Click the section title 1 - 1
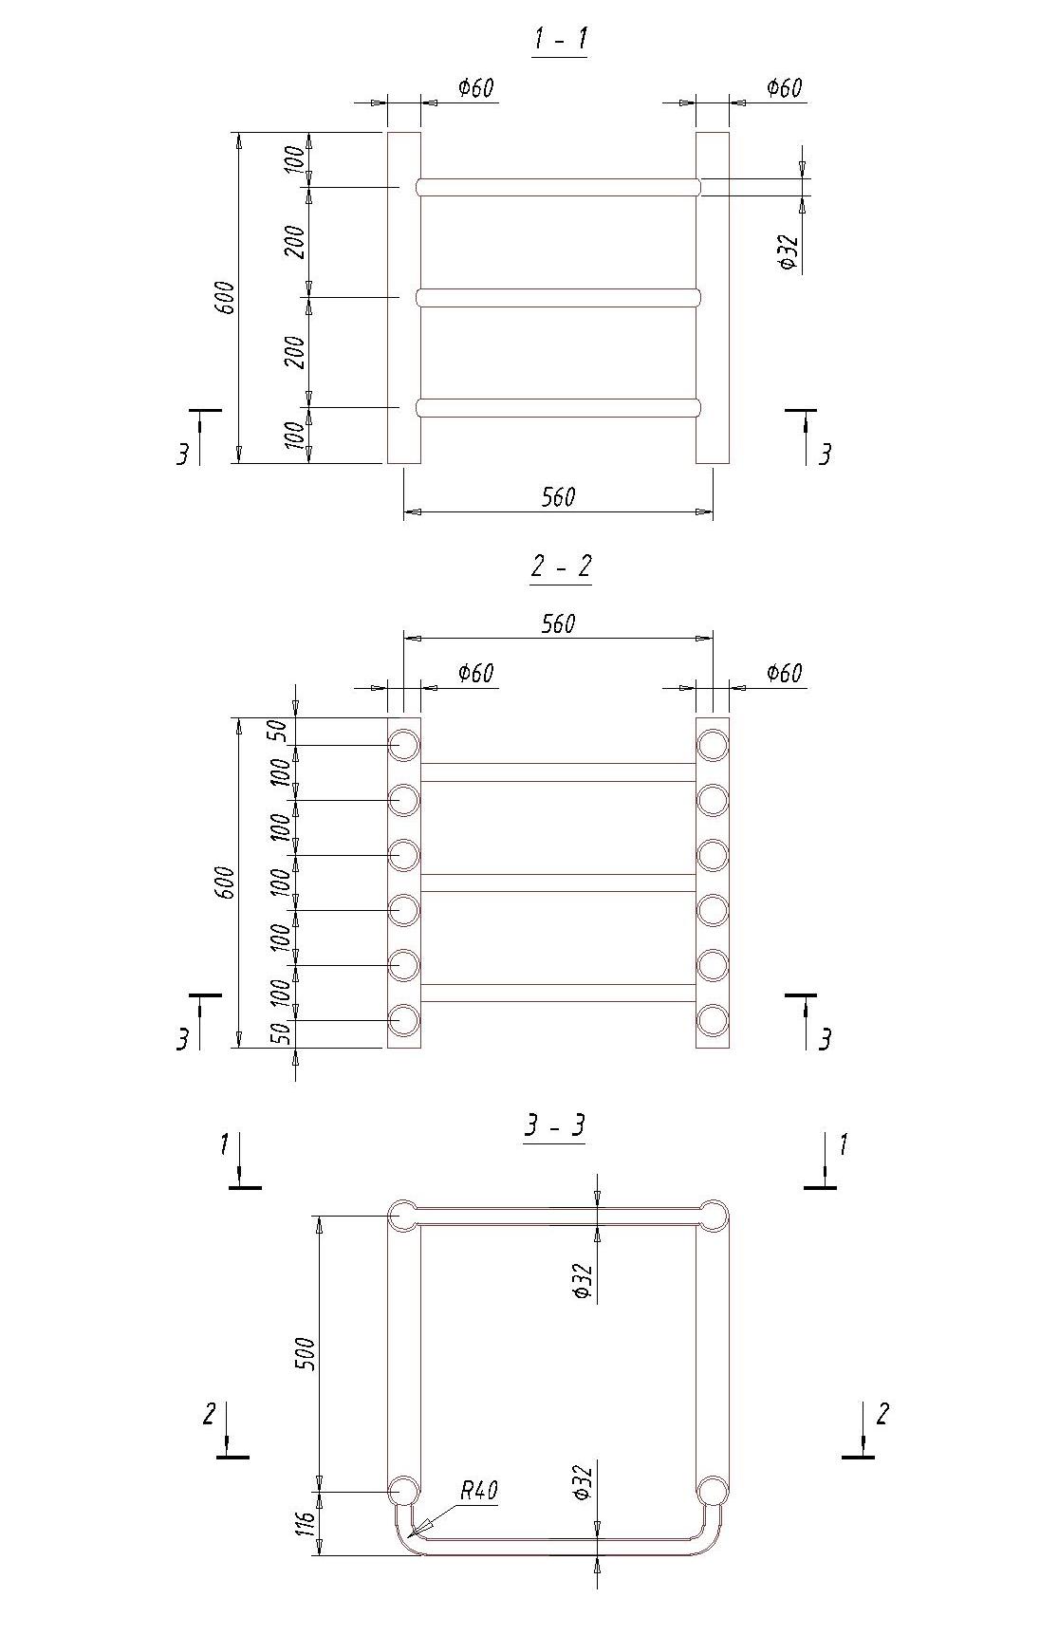point(559,40)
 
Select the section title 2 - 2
point(560,567)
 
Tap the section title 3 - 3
point(555,1125)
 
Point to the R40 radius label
point(479,1491)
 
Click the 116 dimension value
point(305,1524)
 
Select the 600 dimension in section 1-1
point(227,298)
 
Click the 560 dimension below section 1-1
point(558,497)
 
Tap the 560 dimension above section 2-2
point(558,623)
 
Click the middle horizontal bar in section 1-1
point(558,298)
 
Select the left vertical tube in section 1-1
point(403,298)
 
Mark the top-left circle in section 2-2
point(403,745)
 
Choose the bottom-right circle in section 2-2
point(713,1020)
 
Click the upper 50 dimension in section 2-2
point(276,731)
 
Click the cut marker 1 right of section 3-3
point(842,1145)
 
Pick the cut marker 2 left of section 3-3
point(210,1414)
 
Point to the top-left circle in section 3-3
point(402,1216)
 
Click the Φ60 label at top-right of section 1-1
point(784,88)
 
